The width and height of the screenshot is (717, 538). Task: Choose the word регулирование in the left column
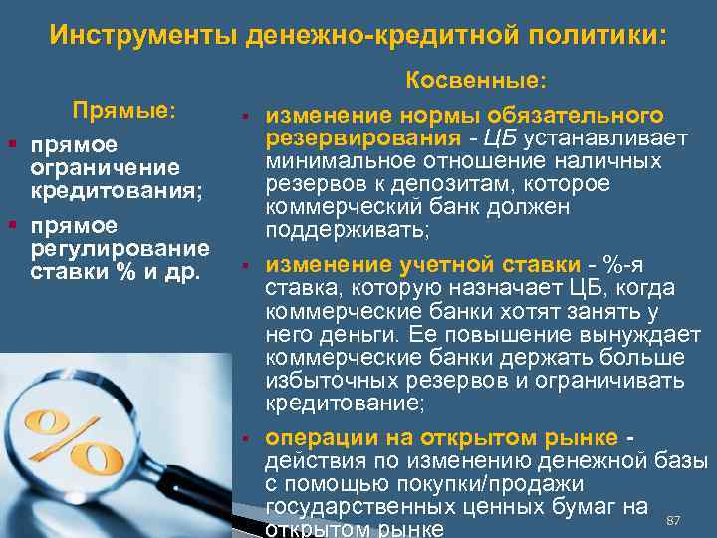[x=119, y=246]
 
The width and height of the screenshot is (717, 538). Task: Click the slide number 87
[x=672, y=520]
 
